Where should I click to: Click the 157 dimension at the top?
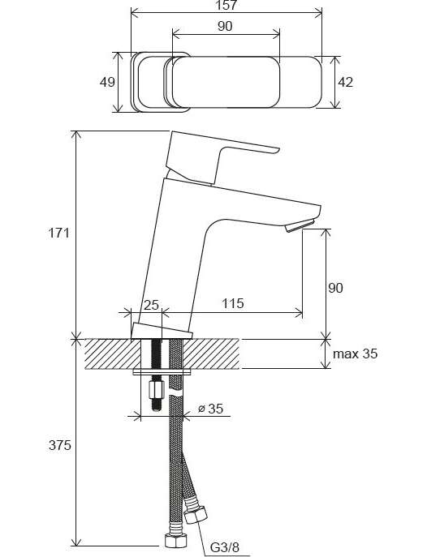(x=226, y=5)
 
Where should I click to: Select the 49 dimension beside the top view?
(x=107, y=82)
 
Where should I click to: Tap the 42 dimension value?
(x=345, y=82)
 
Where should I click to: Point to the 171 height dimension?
(x=59, y=233)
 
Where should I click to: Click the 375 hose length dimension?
(x=60, y=445)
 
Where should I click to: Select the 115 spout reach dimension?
(x=233, y=303)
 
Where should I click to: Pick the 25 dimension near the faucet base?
(x=151, y=305)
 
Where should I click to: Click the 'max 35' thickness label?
(x=356, y=353)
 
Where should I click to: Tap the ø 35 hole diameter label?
(x=211, y=409)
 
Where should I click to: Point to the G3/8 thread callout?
(x=225, y=547)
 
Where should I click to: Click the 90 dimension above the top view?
(x=225, y=26)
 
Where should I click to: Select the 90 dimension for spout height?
(x=335, y=288)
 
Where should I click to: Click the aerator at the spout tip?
(x=300, y=225)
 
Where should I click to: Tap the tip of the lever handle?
(x=278, y=151)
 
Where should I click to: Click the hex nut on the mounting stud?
(x=156, y=390)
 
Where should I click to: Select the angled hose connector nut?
(x=195, y=515)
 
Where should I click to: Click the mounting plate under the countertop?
(x=162, y=372)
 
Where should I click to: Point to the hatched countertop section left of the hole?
(x=113, y=354)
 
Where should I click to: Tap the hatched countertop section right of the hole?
(x=212, y=354)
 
